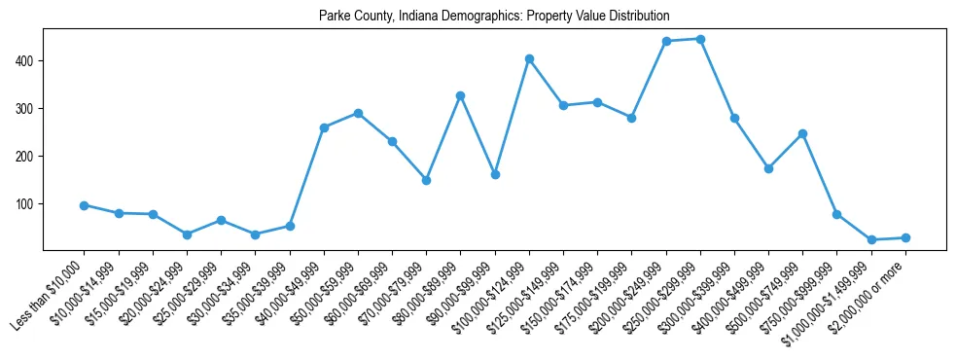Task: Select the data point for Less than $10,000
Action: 85,205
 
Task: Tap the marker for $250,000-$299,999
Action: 700,39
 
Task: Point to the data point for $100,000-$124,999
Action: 529,58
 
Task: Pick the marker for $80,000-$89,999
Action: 461,95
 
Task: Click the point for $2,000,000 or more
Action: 905,237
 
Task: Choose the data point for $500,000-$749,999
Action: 802,133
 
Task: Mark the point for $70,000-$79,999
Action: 426,180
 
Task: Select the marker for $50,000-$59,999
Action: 358,113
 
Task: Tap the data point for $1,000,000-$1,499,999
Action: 871,239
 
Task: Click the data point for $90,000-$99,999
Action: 495,174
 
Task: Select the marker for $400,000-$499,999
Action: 768,168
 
